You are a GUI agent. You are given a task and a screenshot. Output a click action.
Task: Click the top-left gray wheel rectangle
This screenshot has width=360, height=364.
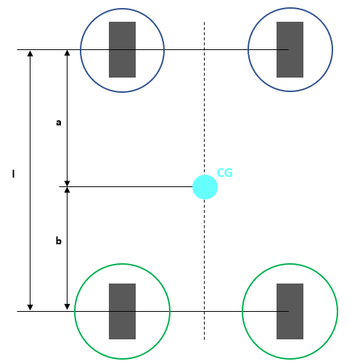click(122, 49)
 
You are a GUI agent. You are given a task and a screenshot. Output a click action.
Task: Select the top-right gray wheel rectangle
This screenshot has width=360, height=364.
click(290, 49)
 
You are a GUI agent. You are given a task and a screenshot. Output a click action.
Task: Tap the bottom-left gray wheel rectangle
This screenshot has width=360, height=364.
click(122, 311)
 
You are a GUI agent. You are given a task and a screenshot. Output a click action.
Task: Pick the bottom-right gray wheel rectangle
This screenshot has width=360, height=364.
click(290, 311)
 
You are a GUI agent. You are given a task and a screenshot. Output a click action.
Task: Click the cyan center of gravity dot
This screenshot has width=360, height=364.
click(205, 187)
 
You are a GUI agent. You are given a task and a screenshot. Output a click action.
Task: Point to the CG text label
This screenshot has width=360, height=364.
click(224, 173)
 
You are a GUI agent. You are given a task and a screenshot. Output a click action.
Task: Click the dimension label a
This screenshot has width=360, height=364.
click(59, 123)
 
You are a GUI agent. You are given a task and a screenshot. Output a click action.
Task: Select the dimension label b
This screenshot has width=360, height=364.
click(59, 241)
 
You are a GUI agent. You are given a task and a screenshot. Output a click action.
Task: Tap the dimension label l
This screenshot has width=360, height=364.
click(13, 174)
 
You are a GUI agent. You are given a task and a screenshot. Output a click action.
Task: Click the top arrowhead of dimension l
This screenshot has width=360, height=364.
click(30, 54)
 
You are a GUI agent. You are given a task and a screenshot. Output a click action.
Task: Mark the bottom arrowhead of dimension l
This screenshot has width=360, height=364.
click(30, 307)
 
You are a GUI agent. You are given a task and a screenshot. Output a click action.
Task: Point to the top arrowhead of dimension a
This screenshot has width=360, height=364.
click(67, 54)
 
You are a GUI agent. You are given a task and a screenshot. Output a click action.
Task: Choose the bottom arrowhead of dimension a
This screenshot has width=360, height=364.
click(67, 183)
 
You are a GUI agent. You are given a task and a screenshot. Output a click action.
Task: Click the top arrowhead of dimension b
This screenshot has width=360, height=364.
click(67, 191)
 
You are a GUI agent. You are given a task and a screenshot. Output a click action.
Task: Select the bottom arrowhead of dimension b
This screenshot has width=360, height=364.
click(67, 307)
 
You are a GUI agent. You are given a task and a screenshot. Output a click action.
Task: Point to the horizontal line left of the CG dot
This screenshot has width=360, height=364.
click(131, 187)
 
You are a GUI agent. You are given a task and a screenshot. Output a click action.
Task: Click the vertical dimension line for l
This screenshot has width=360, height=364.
click(30, 218)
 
